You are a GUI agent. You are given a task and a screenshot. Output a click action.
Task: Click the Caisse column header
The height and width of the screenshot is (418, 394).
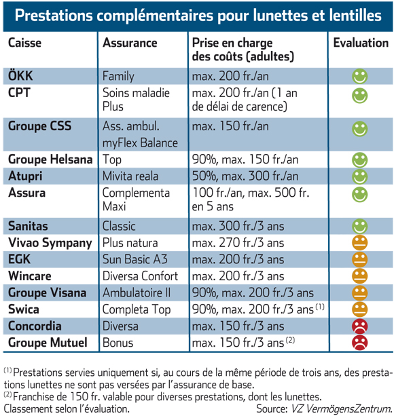(x=24, y=43)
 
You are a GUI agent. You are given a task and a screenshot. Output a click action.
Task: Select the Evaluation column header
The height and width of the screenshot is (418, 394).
(x=361, y=43)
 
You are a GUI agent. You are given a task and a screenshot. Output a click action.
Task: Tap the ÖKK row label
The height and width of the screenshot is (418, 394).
(x=20, y=76)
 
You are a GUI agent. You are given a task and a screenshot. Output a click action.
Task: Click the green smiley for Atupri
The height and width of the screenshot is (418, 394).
(x=360, y=176)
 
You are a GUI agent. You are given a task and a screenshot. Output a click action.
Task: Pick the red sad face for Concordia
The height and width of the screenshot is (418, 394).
(x=360, y=326)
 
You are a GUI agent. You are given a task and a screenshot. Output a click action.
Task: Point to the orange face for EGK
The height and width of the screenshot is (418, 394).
(x=360, y=259)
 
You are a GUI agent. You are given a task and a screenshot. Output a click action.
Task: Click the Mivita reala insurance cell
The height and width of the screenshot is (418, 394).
(x=130, y=176)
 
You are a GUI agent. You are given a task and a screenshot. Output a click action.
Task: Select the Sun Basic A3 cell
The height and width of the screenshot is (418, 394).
(x=135, y=259)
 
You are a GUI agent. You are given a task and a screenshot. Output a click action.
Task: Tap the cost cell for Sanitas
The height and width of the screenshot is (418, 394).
(x=238, y=226)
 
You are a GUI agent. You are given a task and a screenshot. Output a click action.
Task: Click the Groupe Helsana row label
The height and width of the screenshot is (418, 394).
(x=50, y=159)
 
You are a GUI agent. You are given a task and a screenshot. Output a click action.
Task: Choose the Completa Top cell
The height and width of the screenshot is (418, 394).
(x=137, y=309)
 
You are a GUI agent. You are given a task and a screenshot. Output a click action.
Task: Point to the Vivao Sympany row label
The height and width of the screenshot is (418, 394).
(x=50, y=243)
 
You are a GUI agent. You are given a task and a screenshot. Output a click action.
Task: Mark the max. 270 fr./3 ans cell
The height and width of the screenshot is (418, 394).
(x=238, y=243)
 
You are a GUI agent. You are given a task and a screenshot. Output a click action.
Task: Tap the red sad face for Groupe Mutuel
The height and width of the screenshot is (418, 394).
(x=360, y=343)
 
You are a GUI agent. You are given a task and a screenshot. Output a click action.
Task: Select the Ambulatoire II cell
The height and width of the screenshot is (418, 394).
(x=137, y=292)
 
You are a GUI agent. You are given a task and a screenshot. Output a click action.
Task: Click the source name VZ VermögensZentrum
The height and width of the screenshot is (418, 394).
(x=341, y=409)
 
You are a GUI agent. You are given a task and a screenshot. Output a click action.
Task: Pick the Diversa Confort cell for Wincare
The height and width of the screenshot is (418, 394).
(x=140, y=276)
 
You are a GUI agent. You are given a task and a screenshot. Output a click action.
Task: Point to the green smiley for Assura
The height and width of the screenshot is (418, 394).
(x=360, y=195)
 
